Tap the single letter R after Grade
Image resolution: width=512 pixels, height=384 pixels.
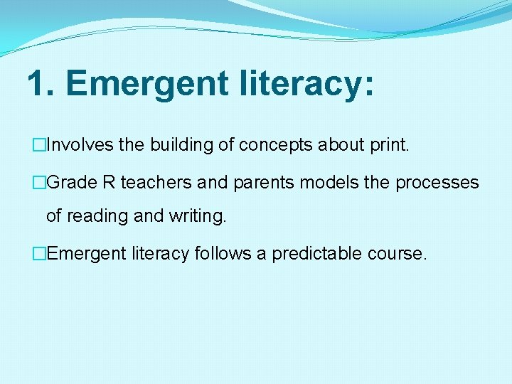coord(109,183)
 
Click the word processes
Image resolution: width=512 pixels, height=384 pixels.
coord(437,183)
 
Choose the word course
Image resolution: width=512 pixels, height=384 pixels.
coord(401,254)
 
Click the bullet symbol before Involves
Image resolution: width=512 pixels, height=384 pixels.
coord(39,146)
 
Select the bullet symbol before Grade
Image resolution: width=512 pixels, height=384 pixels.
coord(39,183)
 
